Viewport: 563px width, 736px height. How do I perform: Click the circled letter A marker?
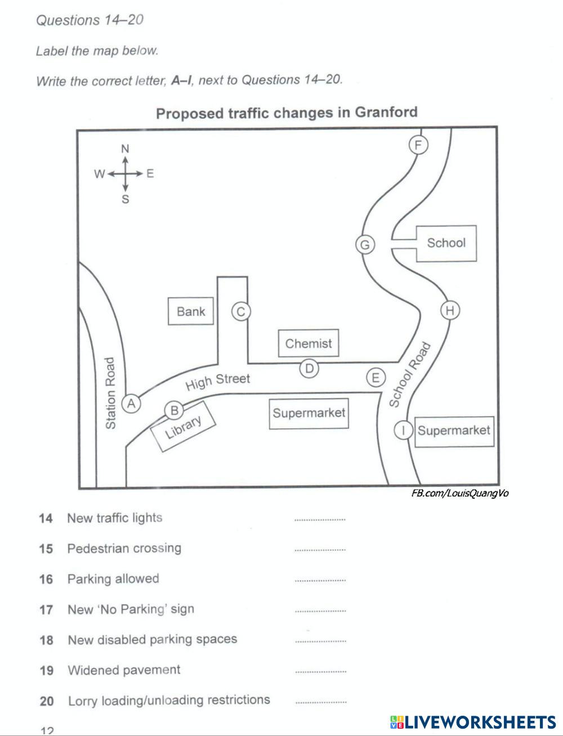pos(132,403)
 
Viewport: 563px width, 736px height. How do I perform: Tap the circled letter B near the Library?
pos(174,411)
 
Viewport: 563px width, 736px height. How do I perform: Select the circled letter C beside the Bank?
pos(241,311)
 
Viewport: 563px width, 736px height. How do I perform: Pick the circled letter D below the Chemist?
pos(309,369)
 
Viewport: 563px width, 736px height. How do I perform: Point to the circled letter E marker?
pos(376,378)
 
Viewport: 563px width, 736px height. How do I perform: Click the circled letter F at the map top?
pos(418,145)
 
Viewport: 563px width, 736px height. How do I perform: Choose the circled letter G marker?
pos(365,245)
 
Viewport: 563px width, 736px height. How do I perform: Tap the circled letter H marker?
pos(449,310)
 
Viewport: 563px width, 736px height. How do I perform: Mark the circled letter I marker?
pos(403,430)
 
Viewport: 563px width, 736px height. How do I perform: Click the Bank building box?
pos(191,311)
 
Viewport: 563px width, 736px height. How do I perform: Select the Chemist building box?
pos(309,343)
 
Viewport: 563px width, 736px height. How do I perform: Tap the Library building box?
pos(182,428)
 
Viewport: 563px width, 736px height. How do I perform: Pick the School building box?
pos(446,243)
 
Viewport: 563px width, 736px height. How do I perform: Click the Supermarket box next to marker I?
pos(454,431)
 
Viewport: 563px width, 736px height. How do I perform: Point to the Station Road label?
pos(111,393)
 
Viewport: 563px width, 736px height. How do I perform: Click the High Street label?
pos(217,381)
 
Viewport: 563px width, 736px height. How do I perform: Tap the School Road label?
pos(409,374)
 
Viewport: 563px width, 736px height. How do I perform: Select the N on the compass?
pos(125,149)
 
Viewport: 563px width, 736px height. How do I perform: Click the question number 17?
pos(46,609)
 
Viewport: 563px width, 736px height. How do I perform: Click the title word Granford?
pos(386,112)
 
